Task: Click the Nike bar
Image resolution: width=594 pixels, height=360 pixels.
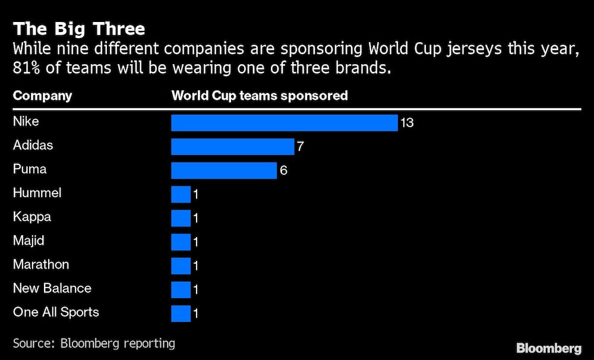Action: pos(284,123)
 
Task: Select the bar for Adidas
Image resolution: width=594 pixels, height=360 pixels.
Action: pos(232,147)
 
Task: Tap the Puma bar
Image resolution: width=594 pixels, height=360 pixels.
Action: pos(224,170)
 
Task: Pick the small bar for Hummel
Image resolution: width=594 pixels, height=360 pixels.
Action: pos(181,194)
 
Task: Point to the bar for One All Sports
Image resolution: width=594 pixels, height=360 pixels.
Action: pos(181,313)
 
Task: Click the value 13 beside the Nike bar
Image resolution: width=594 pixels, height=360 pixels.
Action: pos(407,123)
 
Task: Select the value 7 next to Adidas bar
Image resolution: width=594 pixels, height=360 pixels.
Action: pos(301,147)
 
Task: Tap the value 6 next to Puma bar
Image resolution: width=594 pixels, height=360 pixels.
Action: pos(283,170)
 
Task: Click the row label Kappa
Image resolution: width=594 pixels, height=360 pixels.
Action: pos(32,217)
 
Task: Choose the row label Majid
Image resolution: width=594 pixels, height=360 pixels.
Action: pos(29,241)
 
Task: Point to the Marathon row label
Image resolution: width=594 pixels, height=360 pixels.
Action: pos(41,264)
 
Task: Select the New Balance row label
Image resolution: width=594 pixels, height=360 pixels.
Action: pos(52,288)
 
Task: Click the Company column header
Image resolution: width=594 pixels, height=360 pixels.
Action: pos(42,96)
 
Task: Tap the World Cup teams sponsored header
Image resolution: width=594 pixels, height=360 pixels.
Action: pos(260,96)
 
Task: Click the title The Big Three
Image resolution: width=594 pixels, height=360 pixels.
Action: pos(79,29)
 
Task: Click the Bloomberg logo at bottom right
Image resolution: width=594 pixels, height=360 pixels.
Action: pos(548,348)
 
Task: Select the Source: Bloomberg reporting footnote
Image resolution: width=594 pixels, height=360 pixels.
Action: pos(94,343)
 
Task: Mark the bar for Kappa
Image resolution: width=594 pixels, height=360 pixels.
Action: pos(181,218)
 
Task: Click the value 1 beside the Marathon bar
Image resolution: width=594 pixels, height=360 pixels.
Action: pos(195,266)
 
